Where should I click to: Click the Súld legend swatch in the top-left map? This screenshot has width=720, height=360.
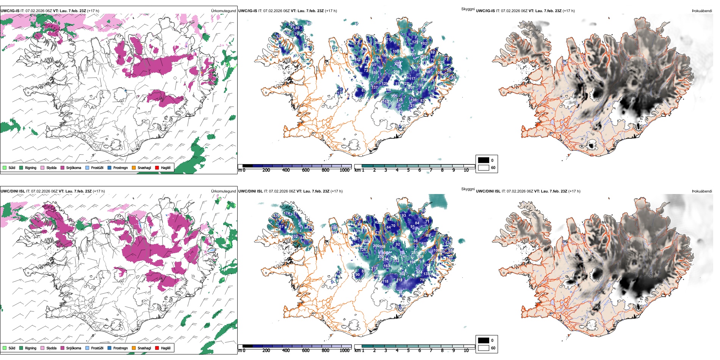5,167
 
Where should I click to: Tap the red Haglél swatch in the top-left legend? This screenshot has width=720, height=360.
157,167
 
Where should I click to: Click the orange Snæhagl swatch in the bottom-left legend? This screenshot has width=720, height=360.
134,348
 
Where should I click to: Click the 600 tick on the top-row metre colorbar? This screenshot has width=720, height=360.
305,170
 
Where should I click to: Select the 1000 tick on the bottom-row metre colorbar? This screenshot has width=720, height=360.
344,351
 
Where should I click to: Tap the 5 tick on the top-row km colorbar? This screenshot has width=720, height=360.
408,170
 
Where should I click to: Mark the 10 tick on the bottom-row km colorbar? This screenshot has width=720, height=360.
466,351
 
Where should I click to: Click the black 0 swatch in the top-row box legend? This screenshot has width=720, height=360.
484,160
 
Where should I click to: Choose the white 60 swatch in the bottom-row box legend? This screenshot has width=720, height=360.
484,348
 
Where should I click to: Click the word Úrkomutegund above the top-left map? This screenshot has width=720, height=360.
223,11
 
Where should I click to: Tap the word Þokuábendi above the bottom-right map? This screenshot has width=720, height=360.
702,191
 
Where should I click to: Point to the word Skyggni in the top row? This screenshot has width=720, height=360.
468,9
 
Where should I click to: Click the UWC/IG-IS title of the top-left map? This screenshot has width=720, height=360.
10,11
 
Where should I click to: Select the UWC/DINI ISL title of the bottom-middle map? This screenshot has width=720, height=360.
250,191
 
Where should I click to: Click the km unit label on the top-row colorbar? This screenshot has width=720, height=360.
357,170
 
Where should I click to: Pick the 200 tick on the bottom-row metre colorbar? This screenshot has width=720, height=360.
266,351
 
